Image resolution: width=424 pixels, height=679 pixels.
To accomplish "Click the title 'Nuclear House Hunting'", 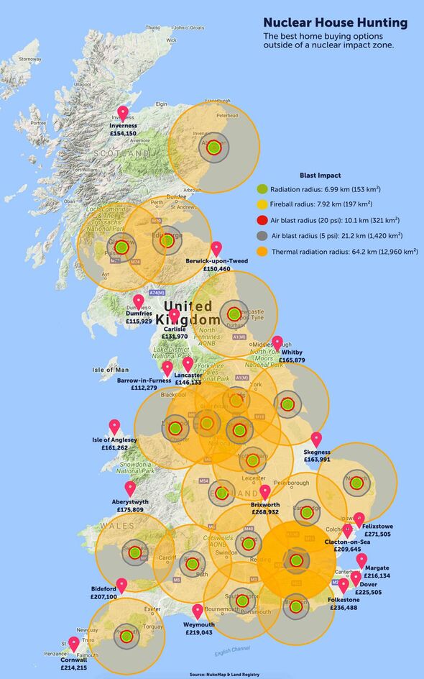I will click(335, 23).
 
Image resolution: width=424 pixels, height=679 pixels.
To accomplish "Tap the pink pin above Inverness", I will click(123, 113).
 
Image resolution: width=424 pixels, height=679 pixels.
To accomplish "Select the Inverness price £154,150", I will click(123, 134).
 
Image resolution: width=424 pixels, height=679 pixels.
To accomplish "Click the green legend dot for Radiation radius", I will click(262, 188).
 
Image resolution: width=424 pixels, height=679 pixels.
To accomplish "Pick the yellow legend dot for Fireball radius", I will click(262, 204).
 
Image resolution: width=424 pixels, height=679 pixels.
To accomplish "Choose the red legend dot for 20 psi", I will click(262, 220).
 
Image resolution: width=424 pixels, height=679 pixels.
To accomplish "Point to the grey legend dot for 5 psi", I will click(262, 236).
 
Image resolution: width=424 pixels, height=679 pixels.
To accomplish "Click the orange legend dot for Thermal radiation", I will click(262, 252).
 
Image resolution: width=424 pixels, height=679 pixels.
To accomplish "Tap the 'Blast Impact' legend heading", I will click(320, 175).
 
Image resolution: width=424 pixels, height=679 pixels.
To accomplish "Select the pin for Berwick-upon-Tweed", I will click(216, 248).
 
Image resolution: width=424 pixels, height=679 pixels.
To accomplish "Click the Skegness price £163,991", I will click(317, 459).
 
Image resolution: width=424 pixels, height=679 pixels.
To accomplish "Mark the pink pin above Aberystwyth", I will click(130, 488).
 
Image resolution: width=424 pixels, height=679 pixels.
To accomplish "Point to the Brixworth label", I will click(265, 505).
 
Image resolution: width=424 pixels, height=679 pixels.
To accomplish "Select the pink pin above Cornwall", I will click(73, 643).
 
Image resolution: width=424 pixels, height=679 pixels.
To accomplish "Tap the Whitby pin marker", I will click(277, 343).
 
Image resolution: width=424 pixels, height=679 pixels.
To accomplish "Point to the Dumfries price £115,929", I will click(139, 321).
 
